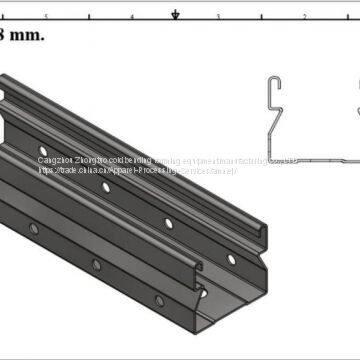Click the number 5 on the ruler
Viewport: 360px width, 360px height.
(46, 18)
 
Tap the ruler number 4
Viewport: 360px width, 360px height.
(132, 18)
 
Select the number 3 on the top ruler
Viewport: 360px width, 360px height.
(218, 18)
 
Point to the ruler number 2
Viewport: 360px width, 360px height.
(304, 18)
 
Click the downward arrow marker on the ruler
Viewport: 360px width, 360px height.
(176, 14)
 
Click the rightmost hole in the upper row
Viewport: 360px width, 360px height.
(231, 258)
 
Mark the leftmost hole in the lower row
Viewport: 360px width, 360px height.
(33, 229)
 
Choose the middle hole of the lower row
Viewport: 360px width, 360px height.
(97, 265)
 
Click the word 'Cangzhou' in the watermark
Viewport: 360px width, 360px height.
(56, 158)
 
